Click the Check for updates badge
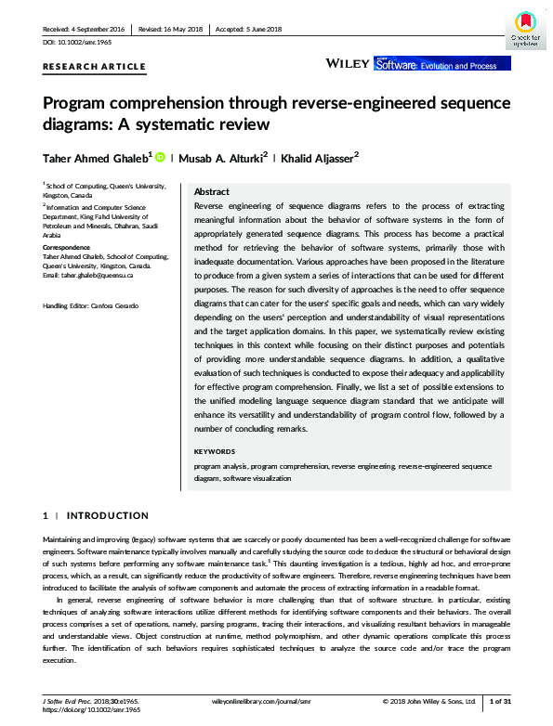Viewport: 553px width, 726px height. point(525,27)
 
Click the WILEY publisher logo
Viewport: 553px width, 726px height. point(347,64)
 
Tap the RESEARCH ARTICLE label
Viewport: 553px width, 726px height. point(95,67)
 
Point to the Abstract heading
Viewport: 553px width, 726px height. point(211,191)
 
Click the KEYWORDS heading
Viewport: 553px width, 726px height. point(215,451)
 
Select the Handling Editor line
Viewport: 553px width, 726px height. point(91,305)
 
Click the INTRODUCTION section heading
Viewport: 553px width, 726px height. point(107,515)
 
